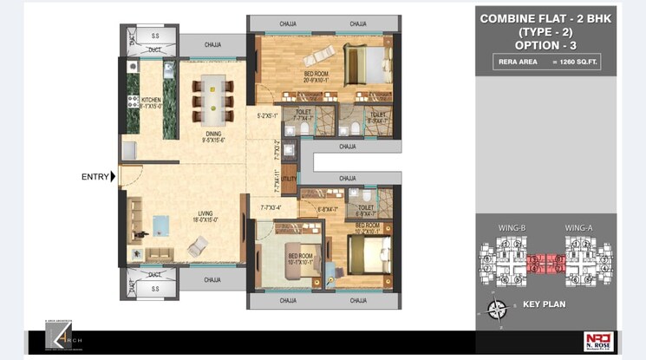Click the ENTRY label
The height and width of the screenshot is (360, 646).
point(95,177)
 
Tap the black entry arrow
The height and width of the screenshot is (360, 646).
point(114,177)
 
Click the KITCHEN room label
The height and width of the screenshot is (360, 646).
point(152,102)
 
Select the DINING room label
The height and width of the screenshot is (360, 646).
point(214,135)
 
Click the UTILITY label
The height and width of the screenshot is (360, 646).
point(290,179)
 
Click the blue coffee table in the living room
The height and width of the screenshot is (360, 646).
point(162,225)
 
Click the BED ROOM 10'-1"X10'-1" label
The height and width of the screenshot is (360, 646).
point(300,259)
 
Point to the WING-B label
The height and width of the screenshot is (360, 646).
point(512,228)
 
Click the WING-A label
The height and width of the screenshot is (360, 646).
point(579,228)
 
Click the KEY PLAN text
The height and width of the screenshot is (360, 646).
point(545,305)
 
